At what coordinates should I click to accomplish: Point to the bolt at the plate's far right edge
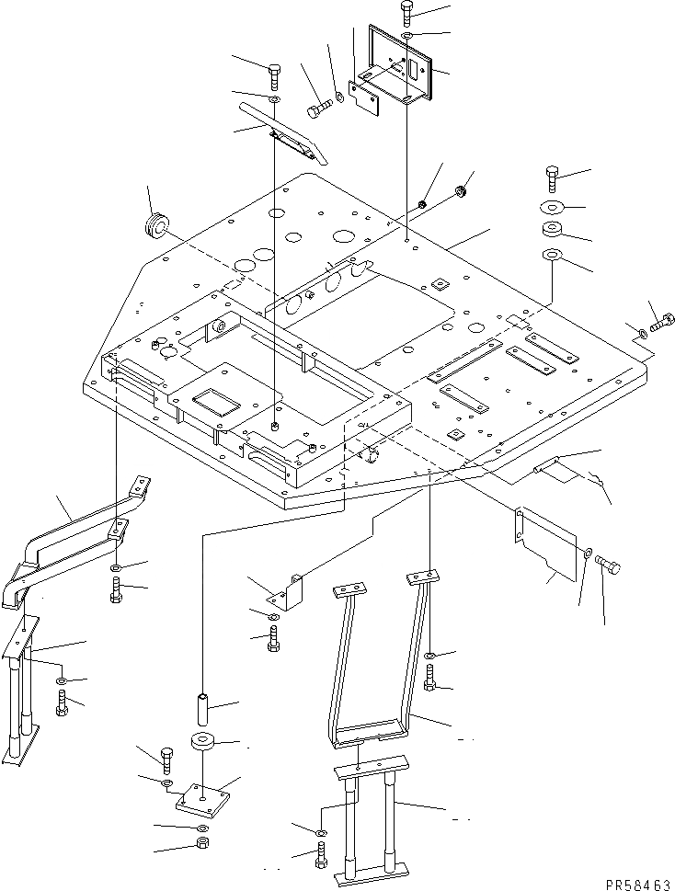662,323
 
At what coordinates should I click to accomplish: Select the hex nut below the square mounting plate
202,843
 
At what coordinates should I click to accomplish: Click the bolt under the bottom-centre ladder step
320,859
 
